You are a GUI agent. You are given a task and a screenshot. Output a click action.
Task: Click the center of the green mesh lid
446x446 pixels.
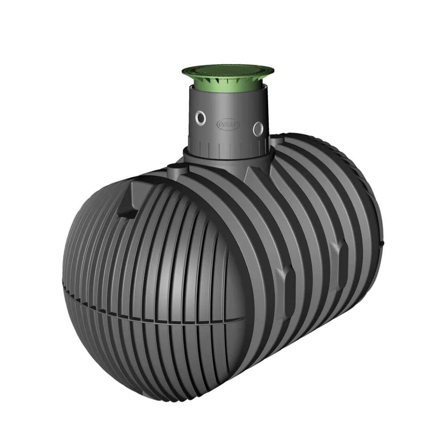point(227,70)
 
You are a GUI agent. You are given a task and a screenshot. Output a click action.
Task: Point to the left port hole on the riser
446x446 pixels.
point(202,118)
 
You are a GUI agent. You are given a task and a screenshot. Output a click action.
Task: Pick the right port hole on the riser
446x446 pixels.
point(258,129)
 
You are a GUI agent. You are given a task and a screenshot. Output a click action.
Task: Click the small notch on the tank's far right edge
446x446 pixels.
point(382,243)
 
